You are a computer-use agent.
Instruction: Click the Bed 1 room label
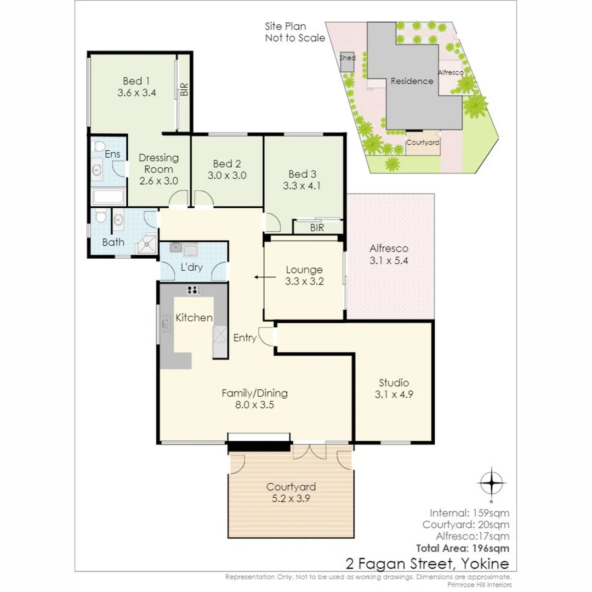tap(136, 81)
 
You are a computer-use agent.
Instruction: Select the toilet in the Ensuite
tap(99, 147)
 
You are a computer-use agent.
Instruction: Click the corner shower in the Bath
tap(146, 244)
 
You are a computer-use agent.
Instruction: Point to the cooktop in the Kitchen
tap(193, 290)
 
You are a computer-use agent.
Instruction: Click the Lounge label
tap(304, 270)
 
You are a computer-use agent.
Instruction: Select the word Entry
tap(244, 338)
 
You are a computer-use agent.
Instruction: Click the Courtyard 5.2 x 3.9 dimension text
tap(291, 498)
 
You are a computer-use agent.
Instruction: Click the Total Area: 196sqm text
tap(463, 548)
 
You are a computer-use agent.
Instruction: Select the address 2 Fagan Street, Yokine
tap(427, 563)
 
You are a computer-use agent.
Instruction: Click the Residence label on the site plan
tap(412, 81)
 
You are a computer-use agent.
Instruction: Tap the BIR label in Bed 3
tap(317, 228)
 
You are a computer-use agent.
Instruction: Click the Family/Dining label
tap(254, 393)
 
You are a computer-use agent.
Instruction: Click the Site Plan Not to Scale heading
tap(294, 32)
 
